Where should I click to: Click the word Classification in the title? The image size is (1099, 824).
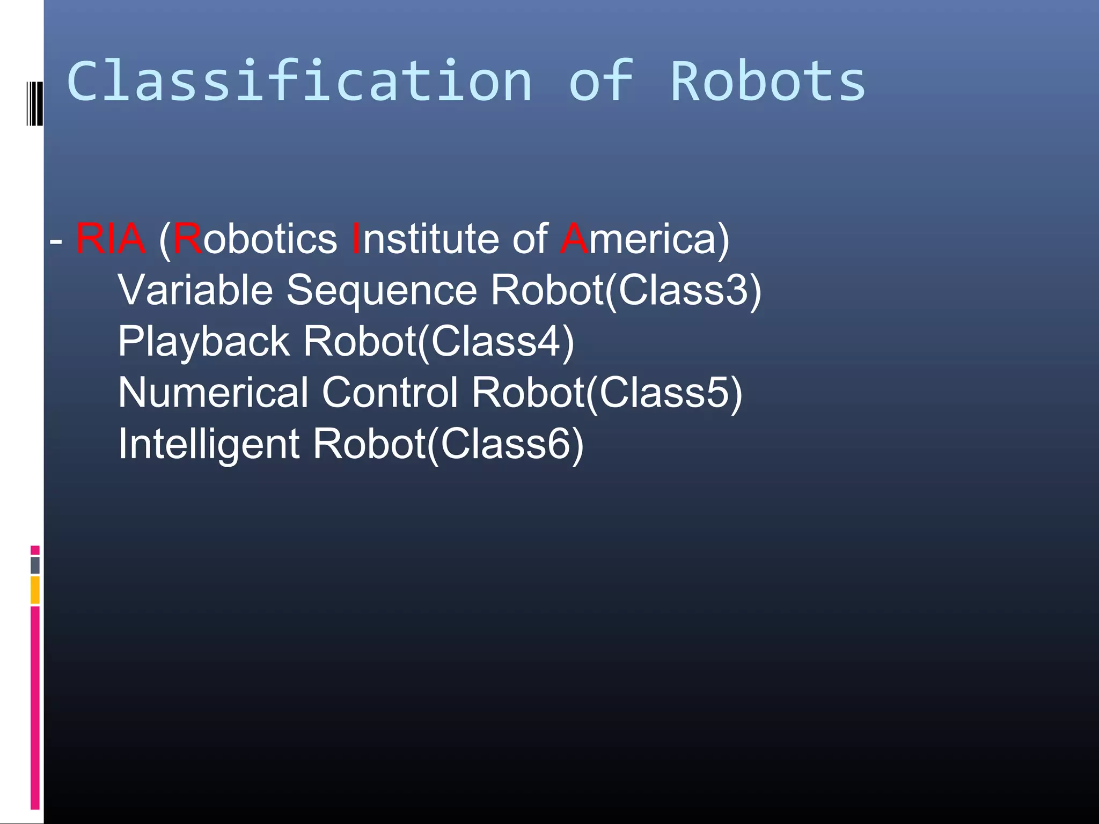coord(299,81)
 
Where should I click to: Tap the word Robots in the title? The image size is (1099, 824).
coord(768,81)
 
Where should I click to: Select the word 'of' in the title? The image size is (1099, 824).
coord(600,81)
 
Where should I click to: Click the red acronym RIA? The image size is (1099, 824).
coord(110,239)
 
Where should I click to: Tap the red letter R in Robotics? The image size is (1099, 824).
coord(187,239)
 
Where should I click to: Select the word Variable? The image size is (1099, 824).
coord(195,290)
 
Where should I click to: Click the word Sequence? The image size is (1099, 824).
coord(382,290)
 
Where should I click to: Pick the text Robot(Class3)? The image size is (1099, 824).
coord(626,290)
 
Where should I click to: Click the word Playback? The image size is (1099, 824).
coord(203,342)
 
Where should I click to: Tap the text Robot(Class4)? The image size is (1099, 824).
coord(438,342)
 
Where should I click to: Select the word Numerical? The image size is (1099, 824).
coord(213,393)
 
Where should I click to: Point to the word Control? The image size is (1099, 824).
coord(390,393)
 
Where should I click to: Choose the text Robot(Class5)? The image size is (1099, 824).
coord(607,393)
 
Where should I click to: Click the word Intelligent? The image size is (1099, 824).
coord(208,444)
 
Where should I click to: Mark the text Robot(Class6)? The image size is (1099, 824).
coord(448,444)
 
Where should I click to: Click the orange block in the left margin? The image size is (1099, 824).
coord(35,590)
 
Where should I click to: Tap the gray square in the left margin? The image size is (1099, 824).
coord(35,565)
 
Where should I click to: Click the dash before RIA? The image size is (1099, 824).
coord(55,241)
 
